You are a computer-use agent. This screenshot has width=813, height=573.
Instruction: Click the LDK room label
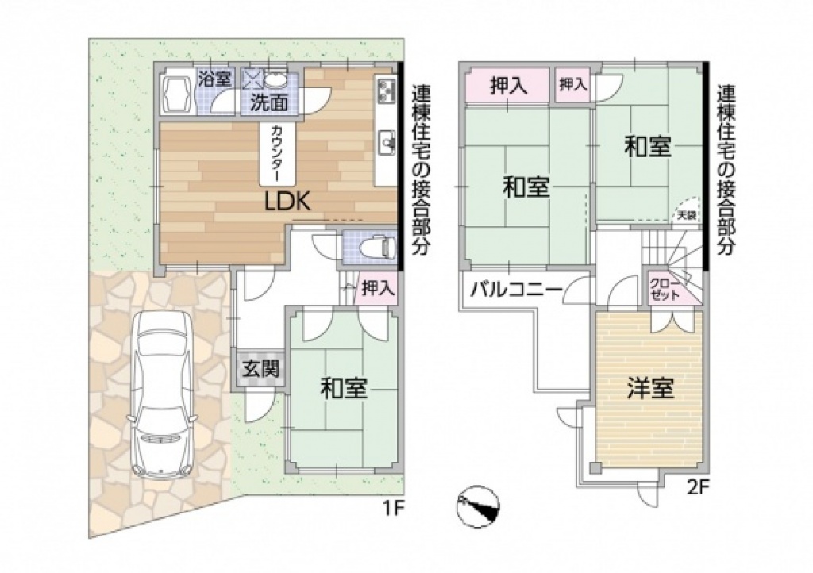(287, 202)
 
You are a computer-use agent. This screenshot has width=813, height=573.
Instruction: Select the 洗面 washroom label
(269, 103)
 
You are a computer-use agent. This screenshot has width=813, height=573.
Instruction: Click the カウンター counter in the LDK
(277, 153)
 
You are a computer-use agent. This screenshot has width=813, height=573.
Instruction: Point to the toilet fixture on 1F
(382, 247)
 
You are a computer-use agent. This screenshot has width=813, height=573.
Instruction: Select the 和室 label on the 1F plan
(344, 388)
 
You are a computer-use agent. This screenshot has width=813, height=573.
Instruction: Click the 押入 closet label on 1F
(379, 288)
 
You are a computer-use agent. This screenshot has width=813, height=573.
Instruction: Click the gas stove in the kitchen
(385, 91)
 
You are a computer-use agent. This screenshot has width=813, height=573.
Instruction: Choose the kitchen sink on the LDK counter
(387, 140)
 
